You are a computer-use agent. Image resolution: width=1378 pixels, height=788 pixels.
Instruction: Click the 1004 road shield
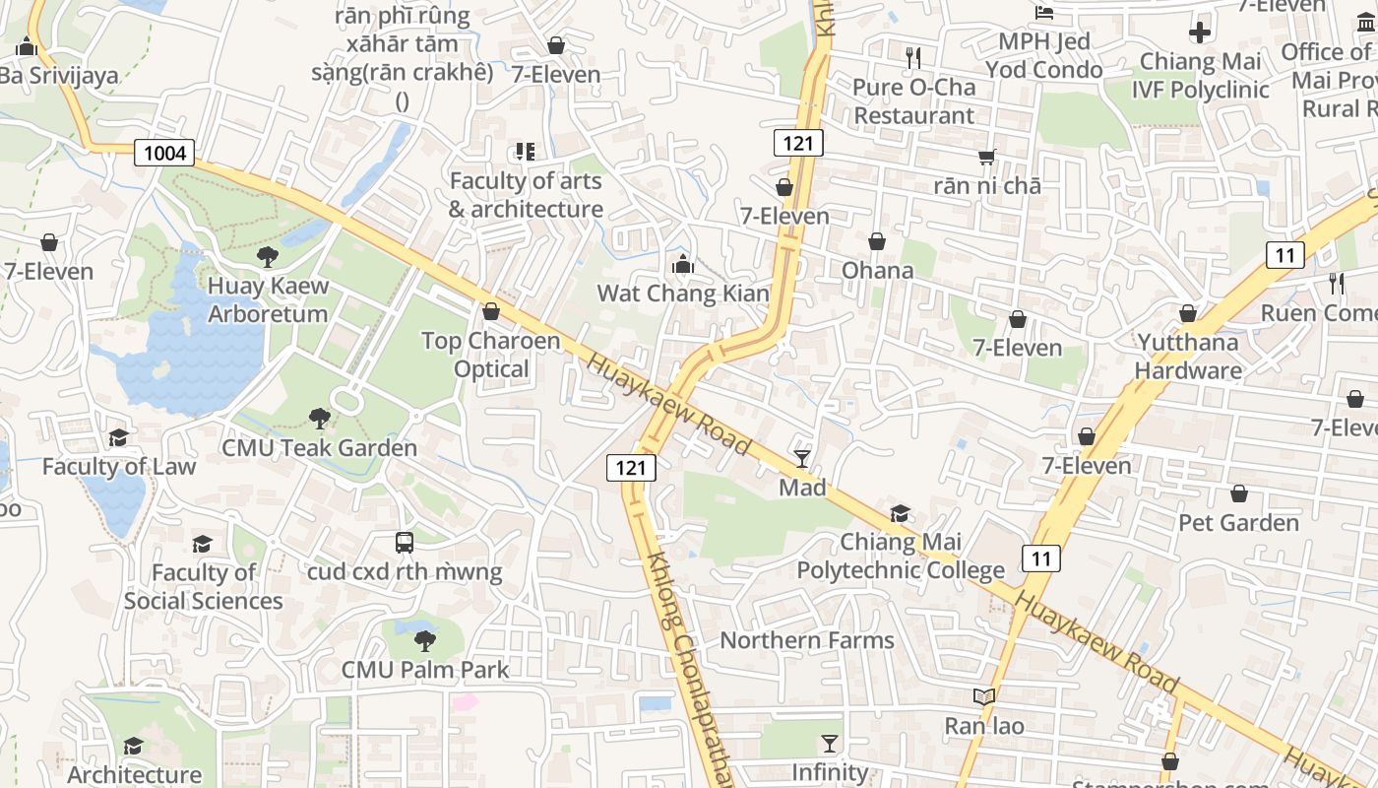[x=164, y=153]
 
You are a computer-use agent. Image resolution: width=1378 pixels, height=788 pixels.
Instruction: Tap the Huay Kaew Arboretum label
[x=268, y=300]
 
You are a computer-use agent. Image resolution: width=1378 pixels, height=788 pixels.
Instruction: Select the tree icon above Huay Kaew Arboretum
[x=266, y=258]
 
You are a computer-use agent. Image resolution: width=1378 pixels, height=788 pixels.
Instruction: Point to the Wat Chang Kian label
[x=683, y=294]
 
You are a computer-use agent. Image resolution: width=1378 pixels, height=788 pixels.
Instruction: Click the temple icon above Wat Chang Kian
[x=682, y=264]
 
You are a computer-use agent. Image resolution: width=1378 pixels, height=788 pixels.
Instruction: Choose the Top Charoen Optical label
[x=491, y=355]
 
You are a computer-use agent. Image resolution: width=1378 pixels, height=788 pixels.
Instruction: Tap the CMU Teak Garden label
[x=320, y=448]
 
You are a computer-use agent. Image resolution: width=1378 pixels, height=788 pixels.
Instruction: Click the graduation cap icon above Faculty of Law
[x=118, y=437]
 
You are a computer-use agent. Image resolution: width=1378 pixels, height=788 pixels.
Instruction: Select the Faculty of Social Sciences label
[x=204, y=587]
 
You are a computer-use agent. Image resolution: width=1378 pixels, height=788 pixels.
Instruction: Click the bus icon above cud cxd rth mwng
[x=404, y=542]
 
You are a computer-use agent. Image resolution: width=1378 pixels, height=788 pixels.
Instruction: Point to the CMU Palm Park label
[x=425, y=670]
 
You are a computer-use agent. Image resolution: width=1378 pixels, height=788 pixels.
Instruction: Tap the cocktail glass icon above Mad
[x=802, y=458]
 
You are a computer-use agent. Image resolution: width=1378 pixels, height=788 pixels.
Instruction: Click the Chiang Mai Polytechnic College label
[x=901, y=557]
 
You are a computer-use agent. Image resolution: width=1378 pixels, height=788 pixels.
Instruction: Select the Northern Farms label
[x=807, y=640]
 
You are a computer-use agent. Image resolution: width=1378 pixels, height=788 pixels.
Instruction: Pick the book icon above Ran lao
[x=983, y=697]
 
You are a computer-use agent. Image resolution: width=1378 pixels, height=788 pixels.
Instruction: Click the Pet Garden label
[x=1239, y=522]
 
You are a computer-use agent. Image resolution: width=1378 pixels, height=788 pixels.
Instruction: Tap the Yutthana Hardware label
[x=1188, y=357]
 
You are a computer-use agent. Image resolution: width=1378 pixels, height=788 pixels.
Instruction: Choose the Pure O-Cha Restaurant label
[x=914, y=101]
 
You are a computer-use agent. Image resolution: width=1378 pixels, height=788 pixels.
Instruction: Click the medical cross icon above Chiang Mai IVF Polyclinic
[x=1199, y=33]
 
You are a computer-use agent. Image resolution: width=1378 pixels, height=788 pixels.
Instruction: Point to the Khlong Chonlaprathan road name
[x=688, y=670]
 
